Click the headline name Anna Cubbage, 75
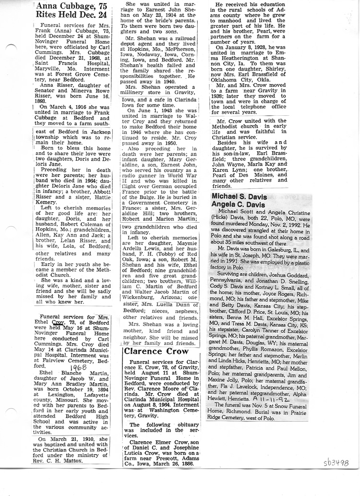71,6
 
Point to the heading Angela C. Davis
242,205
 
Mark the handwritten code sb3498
336,463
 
